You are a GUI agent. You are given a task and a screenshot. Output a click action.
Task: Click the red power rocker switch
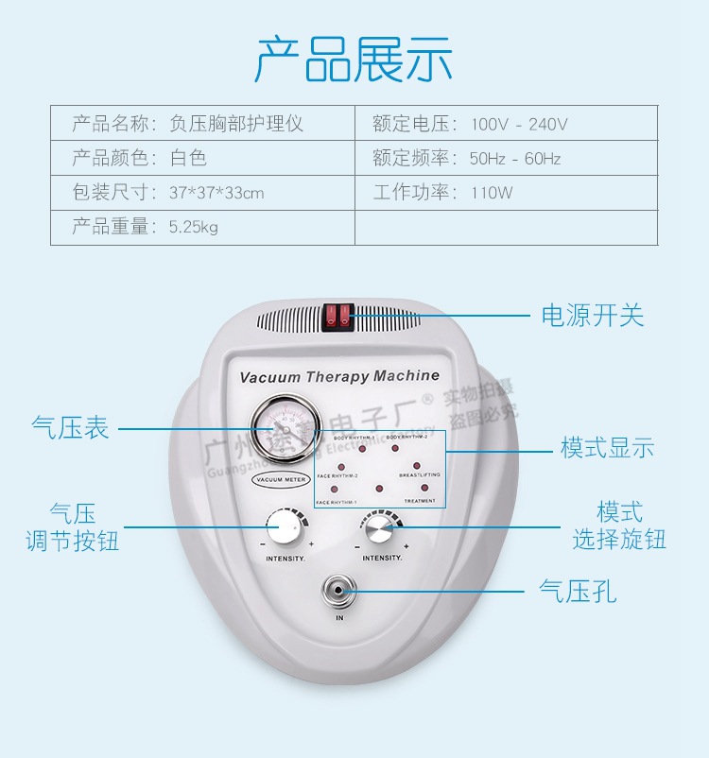(x=339, y=317)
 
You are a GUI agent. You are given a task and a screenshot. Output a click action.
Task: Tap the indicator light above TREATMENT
(x=424, y=488)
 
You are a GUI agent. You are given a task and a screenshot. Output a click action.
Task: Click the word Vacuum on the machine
(x=270, y=377)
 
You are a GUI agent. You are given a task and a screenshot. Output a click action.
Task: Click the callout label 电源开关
(x=593, y=316)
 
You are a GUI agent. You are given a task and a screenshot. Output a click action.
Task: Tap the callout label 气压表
(x=70, y=428)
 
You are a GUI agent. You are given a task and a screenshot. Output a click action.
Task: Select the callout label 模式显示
(x=607, y=448)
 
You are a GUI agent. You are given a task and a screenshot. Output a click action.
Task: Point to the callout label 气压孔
(x=578, y=592)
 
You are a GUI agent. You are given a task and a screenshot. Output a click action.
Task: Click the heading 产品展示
(x=354, y=59)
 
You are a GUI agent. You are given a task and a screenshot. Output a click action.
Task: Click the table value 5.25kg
(x=193, y=228)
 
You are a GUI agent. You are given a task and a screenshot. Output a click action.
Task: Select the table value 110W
(x=492, y=193)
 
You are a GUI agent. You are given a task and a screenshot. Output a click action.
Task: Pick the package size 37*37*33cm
(x=216, y=193)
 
